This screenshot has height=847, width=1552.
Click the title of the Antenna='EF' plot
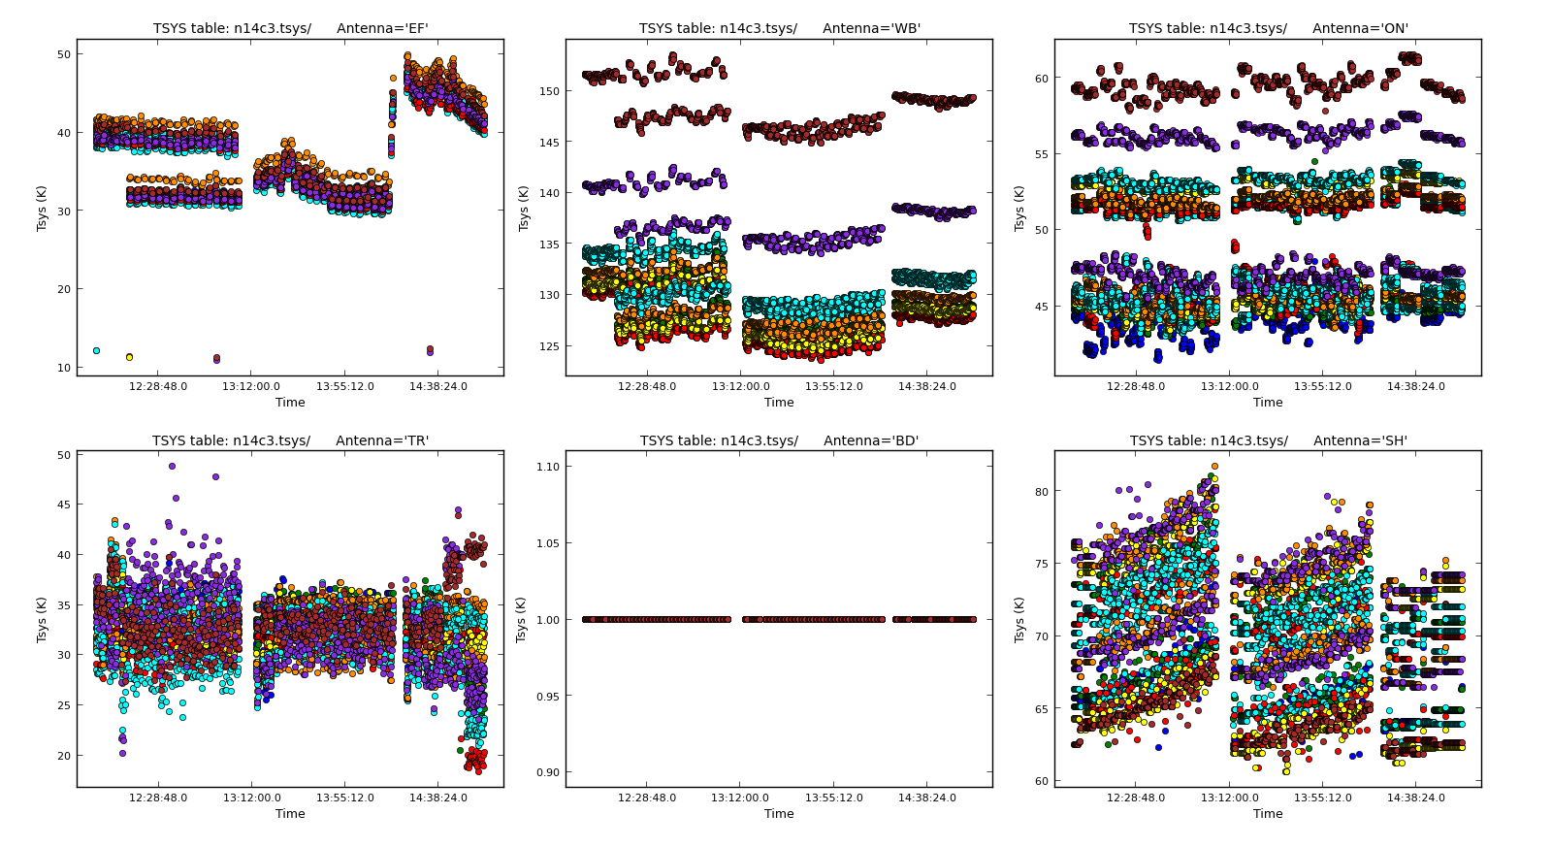[x=290, y=28]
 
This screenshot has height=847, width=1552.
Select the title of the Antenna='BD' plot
[x=779, y=440]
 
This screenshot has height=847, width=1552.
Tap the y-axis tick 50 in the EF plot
[x=64, y=54]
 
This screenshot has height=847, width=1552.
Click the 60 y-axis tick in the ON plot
[x=1041, y=79]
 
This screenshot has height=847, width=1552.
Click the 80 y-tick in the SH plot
[x=1041, y=492]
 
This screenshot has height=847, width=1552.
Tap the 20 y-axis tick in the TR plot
[x=64, y=756]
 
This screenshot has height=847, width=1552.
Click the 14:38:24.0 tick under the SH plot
[x=1415, y=798]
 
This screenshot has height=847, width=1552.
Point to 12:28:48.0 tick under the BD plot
[x=647, y=798]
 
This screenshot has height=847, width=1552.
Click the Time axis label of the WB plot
[x=779, y=403]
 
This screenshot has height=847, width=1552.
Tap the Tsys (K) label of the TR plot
[x=42, y=619]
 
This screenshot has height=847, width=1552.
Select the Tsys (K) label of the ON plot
[x=1019, y=208]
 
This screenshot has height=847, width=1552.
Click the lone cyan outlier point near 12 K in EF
[x=96, y=350]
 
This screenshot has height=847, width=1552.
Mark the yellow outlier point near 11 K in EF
[x=129, y=357]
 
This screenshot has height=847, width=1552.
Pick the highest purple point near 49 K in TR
[x=172, y=466]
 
